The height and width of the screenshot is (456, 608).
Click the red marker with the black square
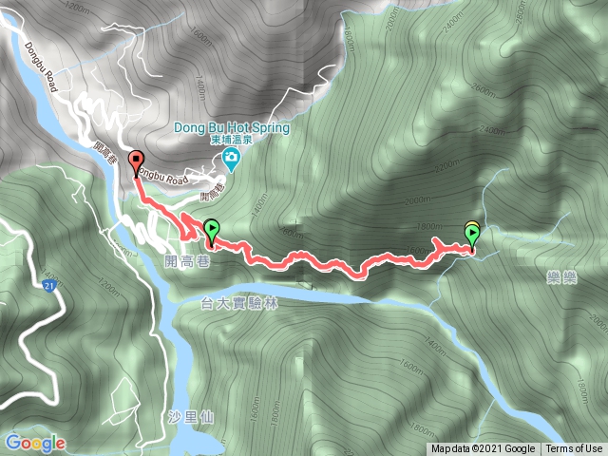coord(136,161)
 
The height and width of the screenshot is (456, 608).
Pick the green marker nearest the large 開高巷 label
coord(211,229)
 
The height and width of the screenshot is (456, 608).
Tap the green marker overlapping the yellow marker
coord(473,233)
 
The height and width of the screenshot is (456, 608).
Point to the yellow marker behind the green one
coord(471,227)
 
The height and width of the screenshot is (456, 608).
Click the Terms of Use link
coord(575,449)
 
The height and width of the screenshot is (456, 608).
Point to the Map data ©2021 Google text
coord(483,449)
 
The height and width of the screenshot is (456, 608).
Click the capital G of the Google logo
coord(13,443)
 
